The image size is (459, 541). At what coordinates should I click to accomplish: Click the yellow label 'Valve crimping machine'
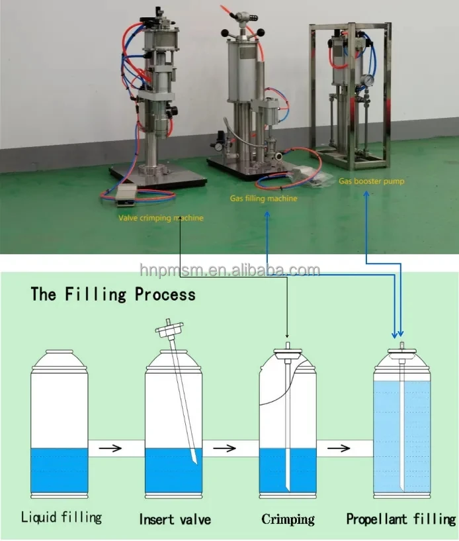(161, 217)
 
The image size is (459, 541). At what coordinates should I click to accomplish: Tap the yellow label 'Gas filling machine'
(263, 198)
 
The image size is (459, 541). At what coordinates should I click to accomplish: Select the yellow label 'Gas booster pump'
(372, 180)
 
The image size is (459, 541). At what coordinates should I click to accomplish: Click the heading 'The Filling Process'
(113, 294)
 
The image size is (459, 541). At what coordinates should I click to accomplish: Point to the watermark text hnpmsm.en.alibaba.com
(230, 270)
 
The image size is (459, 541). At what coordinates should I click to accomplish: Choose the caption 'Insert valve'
(175, 519)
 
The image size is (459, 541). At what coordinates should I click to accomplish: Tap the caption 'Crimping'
(288, 519)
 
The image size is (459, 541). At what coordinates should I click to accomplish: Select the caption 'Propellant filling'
(401, 519)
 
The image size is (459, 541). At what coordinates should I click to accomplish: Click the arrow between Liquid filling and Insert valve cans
(115, 448)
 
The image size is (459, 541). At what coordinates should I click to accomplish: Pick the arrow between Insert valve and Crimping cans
(228, 448)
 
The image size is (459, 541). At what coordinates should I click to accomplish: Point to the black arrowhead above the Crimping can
(287, 335)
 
